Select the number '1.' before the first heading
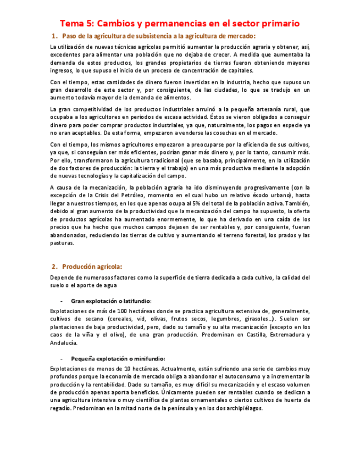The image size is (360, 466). tap(54, 36)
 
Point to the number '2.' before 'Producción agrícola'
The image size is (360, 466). tap(54, 267)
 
